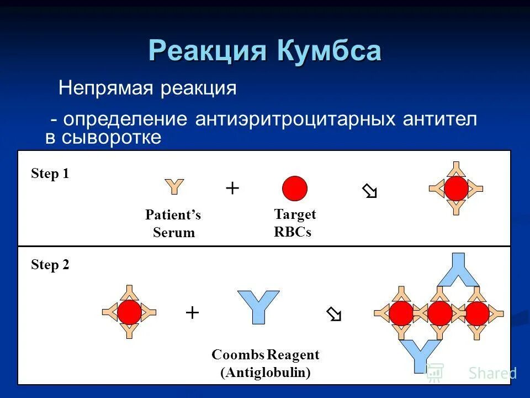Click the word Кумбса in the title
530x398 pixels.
coord(329,51)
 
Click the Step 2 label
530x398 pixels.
coord(50,265)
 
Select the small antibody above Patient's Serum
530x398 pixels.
coord(174,187)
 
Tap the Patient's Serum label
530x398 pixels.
coord(173,223)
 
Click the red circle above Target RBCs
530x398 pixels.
coord(295,188)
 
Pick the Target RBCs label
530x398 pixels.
coord(294,223)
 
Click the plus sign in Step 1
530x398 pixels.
coord(232,188)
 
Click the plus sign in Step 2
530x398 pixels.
coord(192,313)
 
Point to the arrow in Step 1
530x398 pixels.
coord(369,192)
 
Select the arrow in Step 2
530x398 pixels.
coord(334,315)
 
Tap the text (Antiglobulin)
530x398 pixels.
coord(266,373)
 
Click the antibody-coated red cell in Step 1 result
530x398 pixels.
coord(456,188)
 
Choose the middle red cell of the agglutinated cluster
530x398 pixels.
coord(439,313)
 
